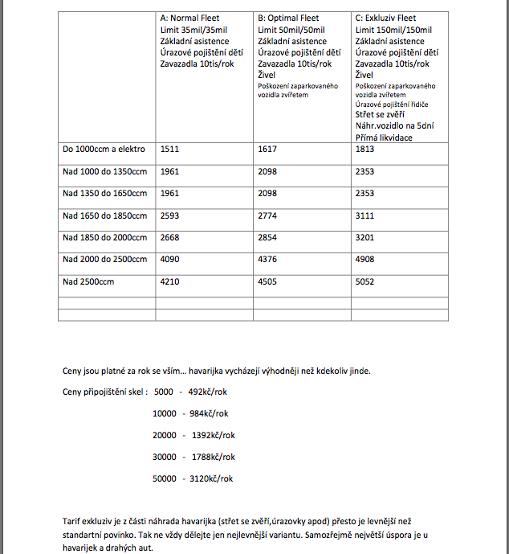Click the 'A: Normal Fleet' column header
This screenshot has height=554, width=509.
pos(189,18)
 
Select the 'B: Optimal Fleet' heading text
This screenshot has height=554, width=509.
pos(288,18)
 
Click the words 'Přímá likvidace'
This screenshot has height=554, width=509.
pos(382,137)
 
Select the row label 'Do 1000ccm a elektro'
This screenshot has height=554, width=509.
pos(101,149)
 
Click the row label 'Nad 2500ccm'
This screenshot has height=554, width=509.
pos(86,281)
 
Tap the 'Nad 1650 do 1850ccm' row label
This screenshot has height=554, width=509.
pos(104,215)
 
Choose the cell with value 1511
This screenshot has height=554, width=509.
pos(170,149)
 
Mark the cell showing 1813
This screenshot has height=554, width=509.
pos(364,149)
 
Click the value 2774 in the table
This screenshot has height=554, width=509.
pos(267,215)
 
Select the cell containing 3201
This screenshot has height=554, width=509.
pos(364,237)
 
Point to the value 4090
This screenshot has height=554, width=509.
pos(170,259)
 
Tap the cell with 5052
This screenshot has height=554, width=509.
pos(364,281)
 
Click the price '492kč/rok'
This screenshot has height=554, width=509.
pos(209,392)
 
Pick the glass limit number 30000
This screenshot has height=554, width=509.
pos(165,457)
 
